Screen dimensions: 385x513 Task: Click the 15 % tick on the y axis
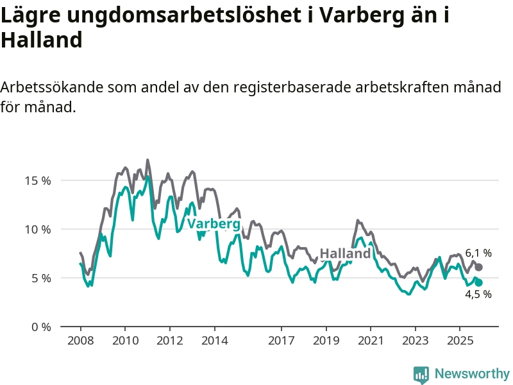(37, 180)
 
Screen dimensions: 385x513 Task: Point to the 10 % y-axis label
(37, 229)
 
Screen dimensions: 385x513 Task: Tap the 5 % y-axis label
(40, 278)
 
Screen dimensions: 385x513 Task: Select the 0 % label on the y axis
(40, 327)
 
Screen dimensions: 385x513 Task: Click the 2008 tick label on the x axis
(80, 339)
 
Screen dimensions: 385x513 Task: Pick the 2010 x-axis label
(124, 339)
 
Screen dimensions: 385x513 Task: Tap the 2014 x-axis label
(214, 339)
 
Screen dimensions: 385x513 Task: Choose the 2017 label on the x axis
(281, 339)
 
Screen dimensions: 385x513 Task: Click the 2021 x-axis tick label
(371, 339)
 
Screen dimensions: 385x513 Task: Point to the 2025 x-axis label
(460, 339)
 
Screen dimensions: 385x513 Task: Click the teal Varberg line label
(214, 224)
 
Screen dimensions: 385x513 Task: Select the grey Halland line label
(345, 253)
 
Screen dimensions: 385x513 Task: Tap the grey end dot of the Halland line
(478, 267)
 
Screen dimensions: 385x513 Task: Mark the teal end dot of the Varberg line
(478, 282)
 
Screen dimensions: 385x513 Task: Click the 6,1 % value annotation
(478, 253)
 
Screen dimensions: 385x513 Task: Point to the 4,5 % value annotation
(478, 295)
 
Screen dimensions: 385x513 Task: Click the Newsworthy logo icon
(421, 374)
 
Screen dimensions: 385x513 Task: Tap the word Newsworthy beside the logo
(472, 374)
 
